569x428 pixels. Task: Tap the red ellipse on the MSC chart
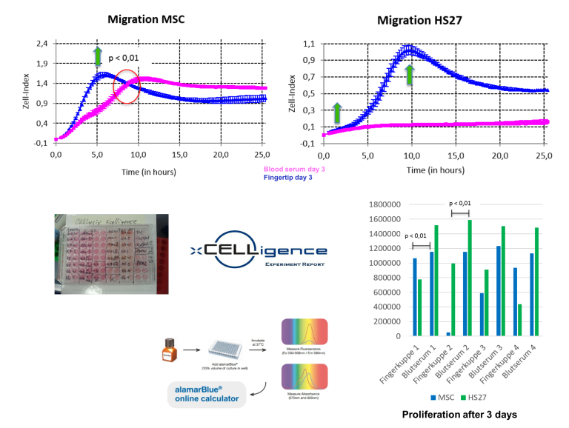[x=126, y=87]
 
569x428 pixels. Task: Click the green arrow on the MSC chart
[x=97, y=56]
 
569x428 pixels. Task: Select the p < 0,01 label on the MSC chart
[x=124, y=58]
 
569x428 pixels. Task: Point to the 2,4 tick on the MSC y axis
[x=41, y=44]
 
